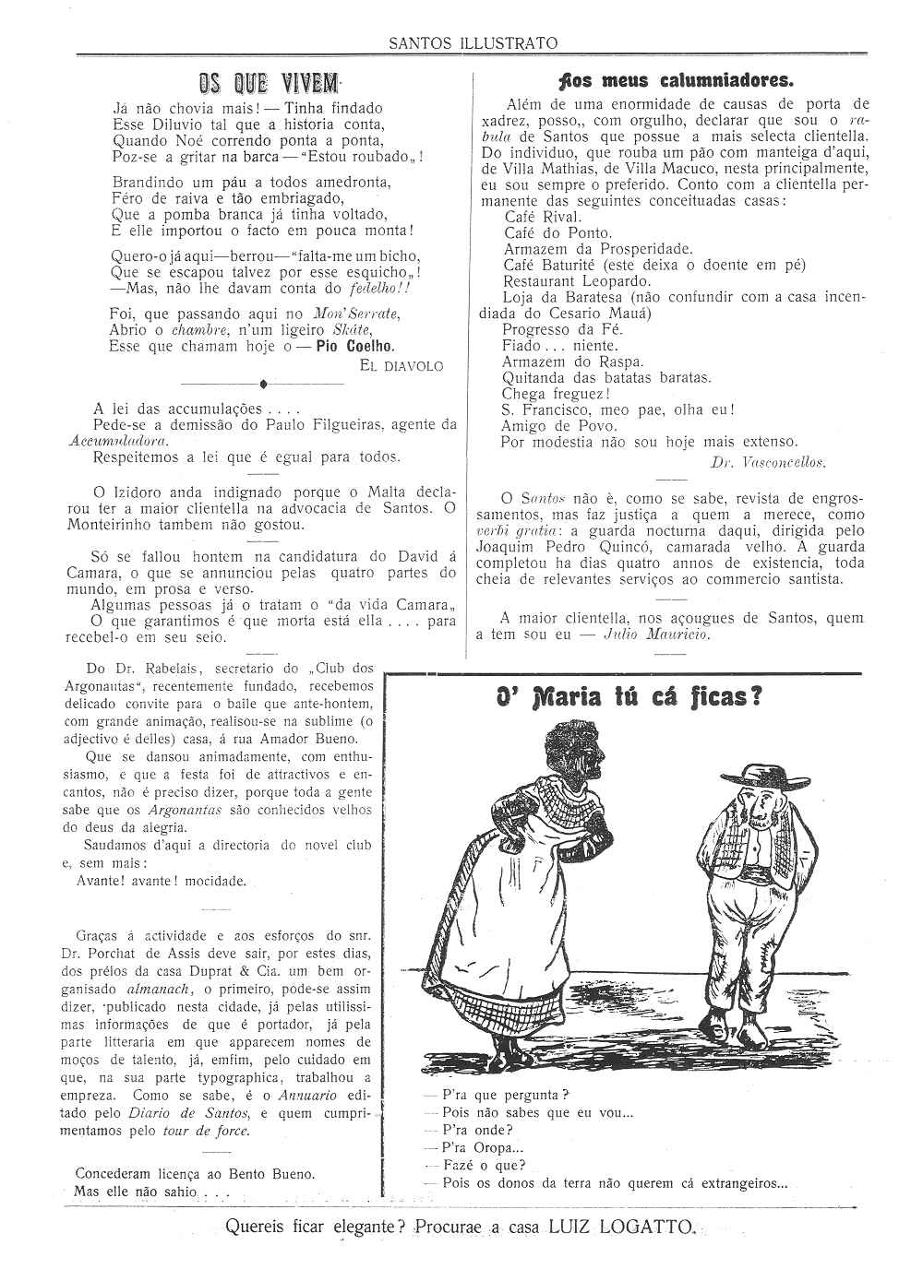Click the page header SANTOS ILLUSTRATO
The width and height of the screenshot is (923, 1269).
(473, 42)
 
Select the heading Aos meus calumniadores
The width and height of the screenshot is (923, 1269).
(669, 79)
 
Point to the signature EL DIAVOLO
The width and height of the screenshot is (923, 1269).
(402, 366)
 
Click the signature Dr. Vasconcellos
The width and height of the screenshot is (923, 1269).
(768, 461)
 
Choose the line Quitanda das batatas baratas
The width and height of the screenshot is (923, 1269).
(606, 377)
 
